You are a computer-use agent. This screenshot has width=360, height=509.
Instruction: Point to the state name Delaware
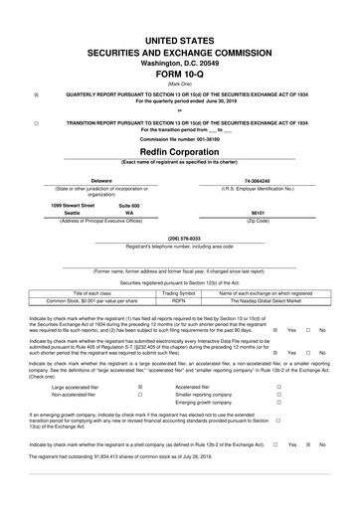pyautogui.click(x=73, y=181)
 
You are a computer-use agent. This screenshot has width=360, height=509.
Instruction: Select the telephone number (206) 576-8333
pyautogui.click(x=179, y=238)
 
